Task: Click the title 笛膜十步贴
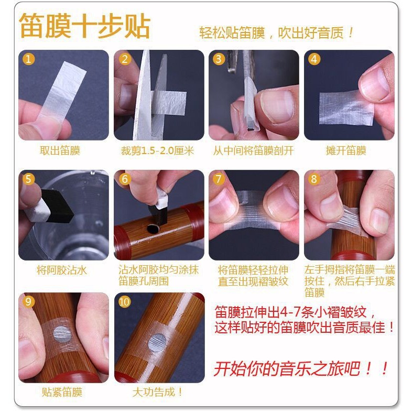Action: tap(84, 26)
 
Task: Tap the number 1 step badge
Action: tap(28, 59)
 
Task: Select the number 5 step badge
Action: tap(28, 179)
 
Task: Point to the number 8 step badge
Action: tap(314, 179)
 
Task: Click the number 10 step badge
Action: tap(124, 302)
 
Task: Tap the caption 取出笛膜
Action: tap(60, 150)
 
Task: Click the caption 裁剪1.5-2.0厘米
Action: tap(157, 150)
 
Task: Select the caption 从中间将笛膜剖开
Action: tap(253, 150)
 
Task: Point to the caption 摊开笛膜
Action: tap(346, 150)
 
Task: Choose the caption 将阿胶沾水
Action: tap(62, 270)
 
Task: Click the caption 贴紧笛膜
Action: tap(62, 392)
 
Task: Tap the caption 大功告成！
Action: tap(158, 392)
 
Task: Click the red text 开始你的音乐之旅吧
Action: tap(287, 368)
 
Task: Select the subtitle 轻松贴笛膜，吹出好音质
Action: tap(271, 33)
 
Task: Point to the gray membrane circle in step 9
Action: tap(62, 334)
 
